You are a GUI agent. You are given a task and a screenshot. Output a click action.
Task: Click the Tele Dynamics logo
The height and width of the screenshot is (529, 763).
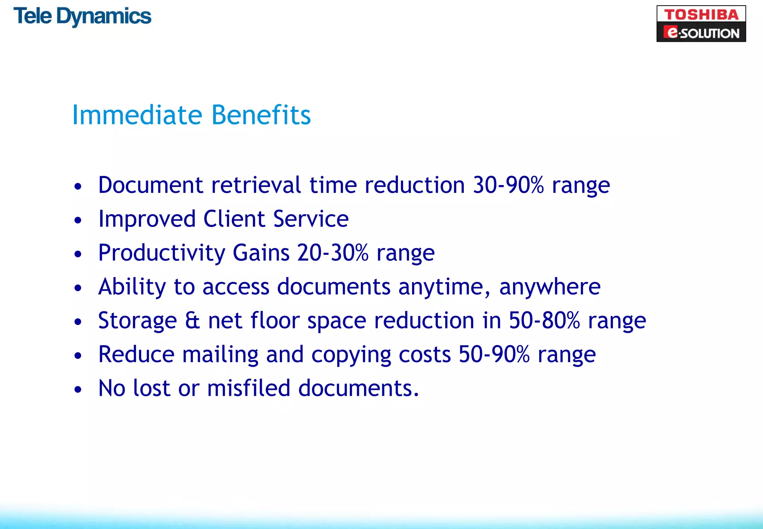(82, 16)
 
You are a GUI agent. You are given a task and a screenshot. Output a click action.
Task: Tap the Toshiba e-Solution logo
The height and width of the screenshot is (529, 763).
(701, 24)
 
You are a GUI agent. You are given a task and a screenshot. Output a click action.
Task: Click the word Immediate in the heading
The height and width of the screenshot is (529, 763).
(137, 115)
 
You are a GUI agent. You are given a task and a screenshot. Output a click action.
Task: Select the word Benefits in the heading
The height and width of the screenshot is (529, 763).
(261, 115)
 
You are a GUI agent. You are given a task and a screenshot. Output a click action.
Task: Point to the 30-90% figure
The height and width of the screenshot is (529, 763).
(508, 185)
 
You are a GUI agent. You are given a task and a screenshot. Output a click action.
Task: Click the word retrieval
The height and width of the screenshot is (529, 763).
(256, 185)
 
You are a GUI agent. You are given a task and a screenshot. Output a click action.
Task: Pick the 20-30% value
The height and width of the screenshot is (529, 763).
(333, 253)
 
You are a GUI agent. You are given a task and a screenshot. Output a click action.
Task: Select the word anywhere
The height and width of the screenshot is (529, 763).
(550, 287)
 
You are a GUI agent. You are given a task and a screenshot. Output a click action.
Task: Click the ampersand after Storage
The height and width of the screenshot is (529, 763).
(192, 321)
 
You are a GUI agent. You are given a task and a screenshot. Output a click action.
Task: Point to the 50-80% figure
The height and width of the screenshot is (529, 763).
(544, 321)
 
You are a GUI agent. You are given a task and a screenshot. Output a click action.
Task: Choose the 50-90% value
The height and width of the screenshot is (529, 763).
(494, 354)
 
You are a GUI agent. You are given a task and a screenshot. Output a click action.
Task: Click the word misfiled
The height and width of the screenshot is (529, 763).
(248, 388)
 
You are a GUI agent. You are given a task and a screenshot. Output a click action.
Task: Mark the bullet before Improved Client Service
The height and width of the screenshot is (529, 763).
(77, 220)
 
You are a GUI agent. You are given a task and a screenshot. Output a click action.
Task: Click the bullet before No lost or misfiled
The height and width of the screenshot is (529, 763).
(77, 389)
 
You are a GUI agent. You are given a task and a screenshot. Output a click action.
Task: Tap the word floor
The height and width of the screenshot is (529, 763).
(275, 321)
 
